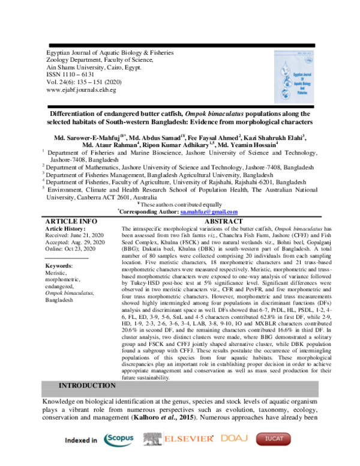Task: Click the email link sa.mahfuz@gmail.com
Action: pos(209,211)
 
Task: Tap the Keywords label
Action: pos(59,265)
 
